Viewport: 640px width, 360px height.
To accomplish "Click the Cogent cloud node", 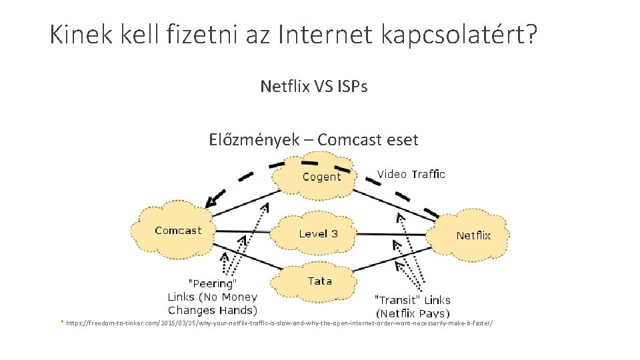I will click(x=321, y=176).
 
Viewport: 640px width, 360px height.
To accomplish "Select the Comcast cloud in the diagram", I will click(x=177, y=231).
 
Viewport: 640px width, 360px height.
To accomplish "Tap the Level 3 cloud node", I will click(x=318, y=233).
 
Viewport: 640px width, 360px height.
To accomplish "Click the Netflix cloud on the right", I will click(x=473, y=235).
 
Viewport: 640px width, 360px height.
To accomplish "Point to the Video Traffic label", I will click(x=411, y=174).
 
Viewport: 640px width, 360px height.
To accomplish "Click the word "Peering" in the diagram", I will click(x=212, y=284).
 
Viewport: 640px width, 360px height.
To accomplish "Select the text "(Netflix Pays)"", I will click(x=413, y=313).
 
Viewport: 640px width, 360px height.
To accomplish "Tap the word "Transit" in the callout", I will click(x=397, y=300).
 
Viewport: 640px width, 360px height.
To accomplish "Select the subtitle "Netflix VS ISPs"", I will click(x=314, y=86).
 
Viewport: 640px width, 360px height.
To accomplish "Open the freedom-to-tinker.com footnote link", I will click(x=279, y=323).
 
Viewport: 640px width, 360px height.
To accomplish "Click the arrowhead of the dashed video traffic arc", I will click(x=212, y=200).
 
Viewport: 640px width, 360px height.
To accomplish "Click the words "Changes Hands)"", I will click(x=212, y=310).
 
